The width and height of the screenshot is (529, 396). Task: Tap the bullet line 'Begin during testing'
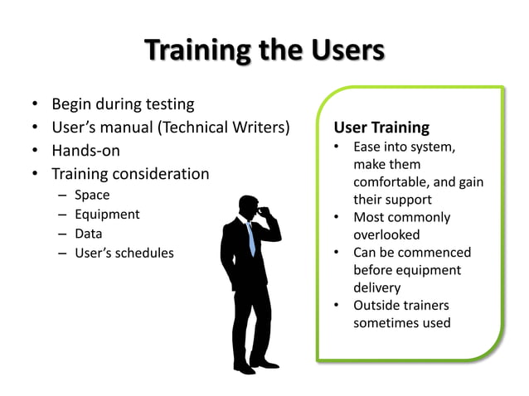[123, 104]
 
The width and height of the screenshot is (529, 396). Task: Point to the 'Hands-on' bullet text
[85, 151]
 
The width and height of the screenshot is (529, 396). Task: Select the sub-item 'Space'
[91, 196]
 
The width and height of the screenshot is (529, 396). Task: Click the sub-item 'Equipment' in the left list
[107, 215]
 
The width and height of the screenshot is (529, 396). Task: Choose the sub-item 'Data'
[88, 234]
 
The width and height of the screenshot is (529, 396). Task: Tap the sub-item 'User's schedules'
[124, 253]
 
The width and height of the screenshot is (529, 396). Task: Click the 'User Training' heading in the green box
[381, 128]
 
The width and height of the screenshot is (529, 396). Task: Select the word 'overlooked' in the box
[386, 235]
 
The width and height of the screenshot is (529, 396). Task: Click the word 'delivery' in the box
[376, 287]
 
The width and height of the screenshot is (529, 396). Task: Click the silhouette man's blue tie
[250, 237]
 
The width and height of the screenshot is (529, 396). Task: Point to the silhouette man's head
[250, 206]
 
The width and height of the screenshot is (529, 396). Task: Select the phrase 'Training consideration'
[130, 174]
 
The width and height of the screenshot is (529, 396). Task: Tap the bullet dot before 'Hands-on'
[35, 151]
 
